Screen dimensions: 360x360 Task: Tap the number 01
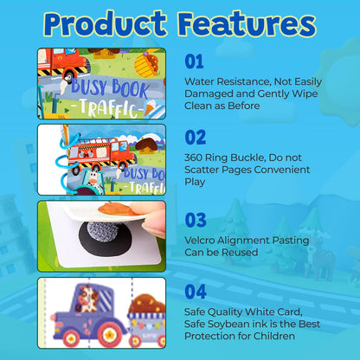click(196, 61)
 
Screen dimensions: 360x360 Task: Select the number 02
click(196, 137)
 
